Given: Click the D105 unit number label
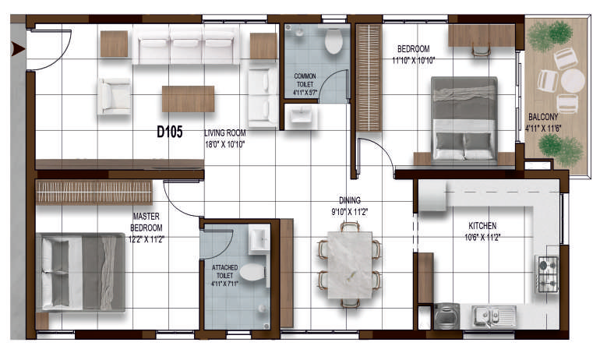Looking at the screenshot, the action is coord(170,132).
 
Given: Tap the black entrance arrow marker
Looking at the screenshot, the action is coord(18,49).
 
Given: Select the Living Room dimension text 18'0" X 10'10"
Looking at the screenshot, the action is coord(224,145).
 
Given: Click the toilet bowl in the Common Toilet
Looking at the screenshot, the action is coord(333,41).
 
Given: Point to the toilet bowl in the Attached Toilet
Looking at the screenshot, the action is coord(252,272).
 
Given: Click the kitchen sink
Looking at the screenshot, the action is coord(494,316).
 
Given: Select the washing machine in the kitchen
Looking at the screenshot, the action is coord(446,316).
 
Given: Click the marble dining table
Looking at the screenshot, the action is coord(350,264).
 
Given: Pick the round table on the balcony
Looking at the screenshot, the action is coord(573,80).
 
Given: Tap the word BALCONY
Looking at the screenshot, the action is coord(543,117).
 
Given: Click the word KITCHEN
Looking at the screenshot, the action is coord(482,226).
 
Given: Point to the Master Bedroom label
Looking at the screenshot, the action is coord(146,222).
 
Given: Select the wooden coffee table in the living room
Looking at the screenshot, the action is coord(189,99).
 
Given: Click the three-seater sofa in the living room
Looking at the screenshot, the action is coord(186,44).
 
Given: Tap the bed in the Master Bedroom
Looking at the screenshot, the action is coord(81,273).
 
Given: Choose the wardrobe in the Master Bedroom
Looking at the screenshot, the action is coord(94,192).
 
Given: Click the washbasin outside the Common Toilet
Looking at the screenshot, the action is coord(301,116).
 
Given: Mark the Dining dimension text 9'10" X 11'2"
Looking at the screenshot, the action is coord(350,212).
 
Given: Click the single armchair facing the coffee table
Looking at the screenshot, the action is coord(115,97).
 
